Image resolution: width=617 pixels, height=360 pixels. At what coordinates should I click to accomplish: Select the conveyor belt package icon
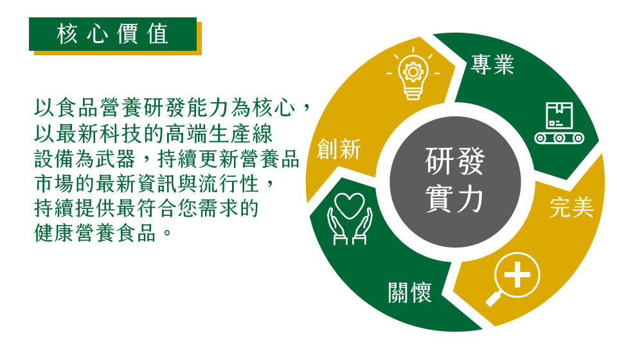[559, 123]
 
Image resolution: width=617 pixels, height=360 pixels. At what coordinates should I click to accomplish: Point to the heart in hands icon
[350, 219]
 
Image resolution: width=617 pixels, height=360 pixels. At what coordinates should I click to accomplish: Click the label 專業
[492, 64]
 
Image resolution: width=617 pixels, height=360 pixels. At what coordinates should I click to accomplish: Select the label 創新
[339, 149]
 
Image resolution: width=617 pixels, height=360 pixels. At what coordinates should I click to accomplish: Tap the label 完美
[572, 207]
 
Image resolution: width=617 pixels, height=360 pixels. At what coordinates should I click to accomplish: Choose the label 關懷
[410, 292]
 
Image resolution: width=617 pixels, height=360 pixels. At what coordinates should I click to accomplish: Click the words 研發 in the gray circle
[455, 161]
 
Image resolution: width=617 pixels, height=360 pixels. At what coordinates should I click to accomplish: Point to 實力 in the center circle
[455, 199]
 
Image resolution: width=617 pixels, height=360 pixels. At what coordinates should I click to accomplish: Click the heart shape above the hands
[350, 204]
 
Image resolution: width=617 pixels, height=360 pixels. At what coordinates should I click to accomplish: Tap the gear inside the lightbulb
[413, 71]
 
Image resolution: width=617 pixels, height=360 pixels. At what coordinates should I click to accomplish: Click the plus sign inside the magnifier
[517, 274]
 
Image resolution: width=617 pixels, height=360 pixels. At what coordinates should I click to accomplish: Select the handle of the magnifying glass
[492, 299]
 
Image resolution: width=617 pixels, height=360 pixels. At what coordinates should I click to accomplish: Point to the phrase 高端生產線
[219, 134]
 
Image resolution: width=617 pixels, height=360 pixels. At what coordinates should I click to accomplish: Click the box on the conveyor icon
[559, 116]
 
